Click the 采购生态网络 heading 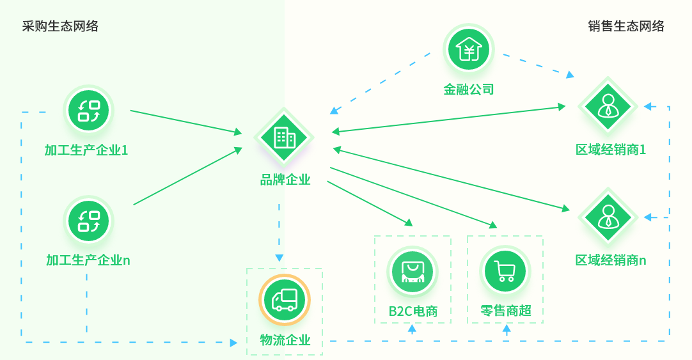(60, 26)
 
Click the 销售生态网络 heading (626, 26)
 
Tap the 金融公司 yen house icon (469, 49)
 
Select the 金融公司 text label (469, 90)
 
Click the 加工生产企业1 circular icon (89, 111)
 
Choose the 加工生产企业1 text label (86, 150)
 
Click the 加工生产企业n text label (88, 260)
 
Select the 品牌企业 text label (285, 180)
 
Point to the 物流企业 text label (285, 340)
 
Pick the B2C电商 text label (413, 311)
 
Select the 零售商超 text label (506, 311)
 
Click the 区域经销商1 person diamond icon (608, 106)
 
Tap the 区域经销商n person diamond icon (608, 217)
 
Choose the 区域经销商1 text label (611, 150)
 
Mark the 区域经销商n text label (611, 260)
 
